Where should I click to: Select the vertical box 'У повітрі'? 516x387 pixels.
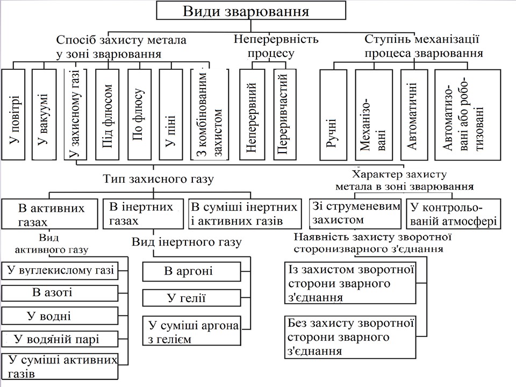coord(14,114)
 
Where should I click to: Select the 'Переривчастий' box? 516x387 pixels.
coord(284,114)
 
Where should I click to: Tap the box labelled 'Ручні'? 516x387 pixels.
coord(334,114)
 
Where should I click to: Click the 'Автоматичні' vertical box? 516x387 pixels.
coord(414,114)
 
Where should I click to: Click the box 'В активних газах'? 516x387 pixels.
coord(51,214)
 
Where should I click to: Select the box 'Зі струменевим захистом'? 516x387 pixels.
coord(355,213)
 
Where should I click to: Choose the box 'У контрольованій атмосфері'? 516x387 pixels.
coord(453,213)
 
